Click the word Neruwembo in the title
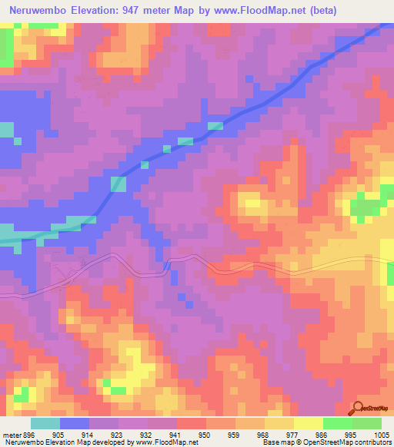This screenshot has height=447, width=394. coord(37,11)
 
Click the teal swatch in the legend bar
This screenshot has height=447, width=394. coord(45,422)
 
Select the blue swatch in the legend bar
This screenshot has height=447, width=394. coord(75,422)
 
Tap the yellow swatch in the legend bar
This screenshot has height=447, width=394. coord(308,422)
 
